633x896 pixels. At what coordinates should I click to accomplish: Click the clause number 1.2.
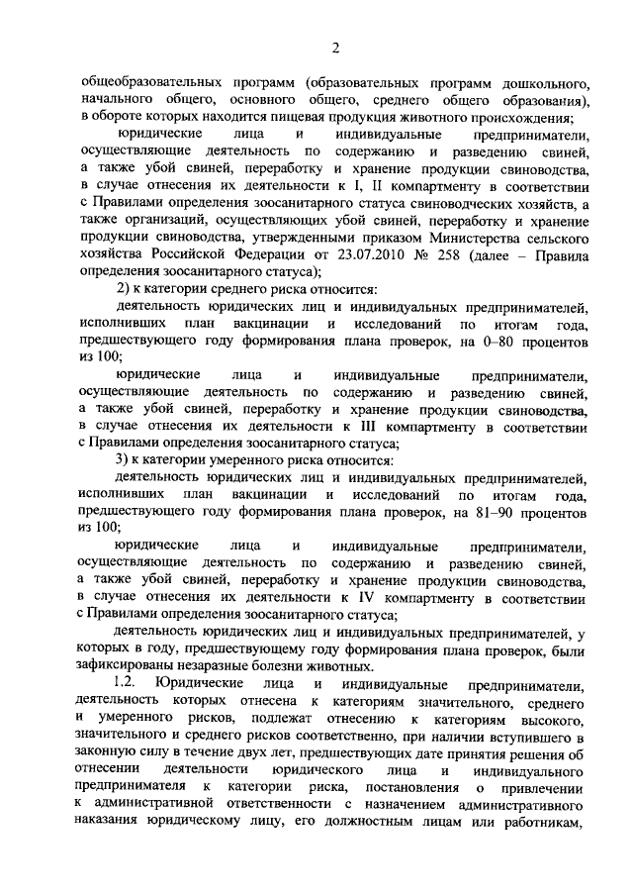[129, 684]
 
